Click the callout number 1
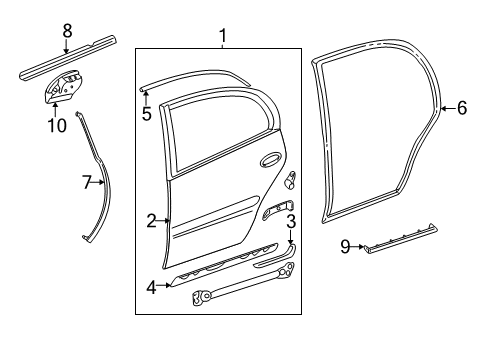[222, 36]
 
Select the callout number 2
[151, 221]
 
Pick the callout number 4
[151, 287]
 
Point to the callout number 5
[146, 113]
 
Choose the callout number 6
[461, 108]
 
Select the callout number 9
[345, 246]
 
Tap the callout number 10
[56, 125]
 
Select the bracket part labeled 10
[61, 89]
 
